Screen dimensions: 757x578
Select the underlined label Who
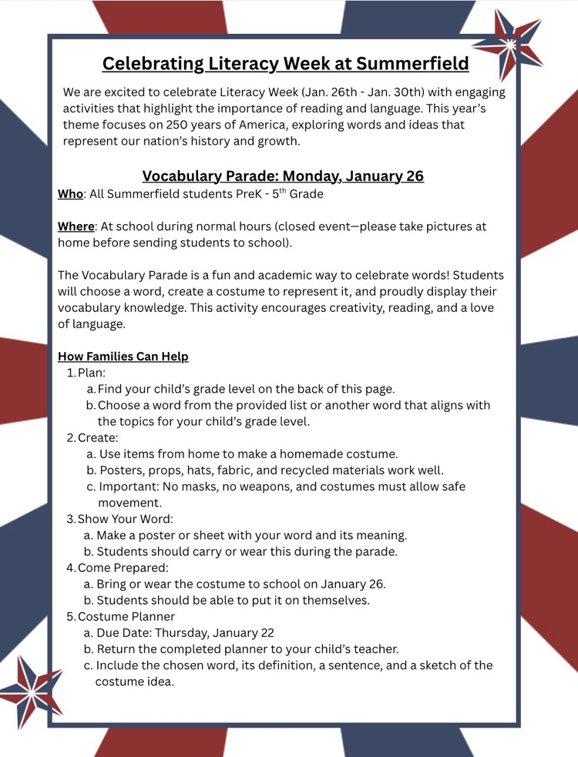coord(70,194)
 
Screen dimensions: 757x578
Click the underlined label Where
coord(76,226)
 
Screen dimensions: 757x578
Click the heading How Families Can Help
coord(123,357)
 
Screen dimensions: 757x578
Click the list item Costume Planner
coord(126,616)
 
